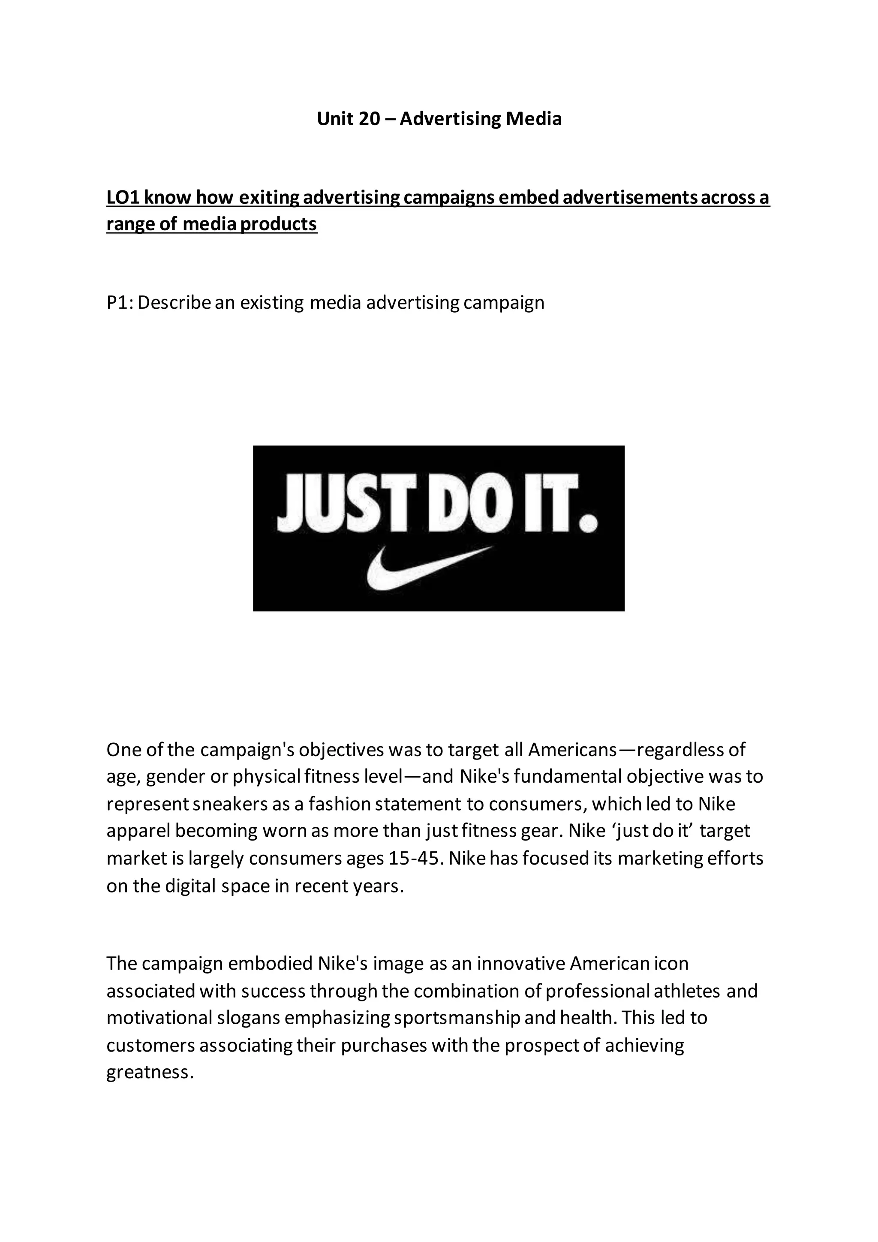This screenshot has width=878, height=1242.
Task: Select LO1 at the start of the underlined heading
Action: point(123,198)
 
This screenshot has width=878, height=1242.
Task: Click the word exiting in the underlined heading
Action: point(269,198)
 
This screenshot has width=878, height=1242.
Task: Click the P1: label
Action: point(120,302)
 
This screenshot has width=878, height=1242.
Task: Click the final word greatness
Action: point(150,1073)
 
